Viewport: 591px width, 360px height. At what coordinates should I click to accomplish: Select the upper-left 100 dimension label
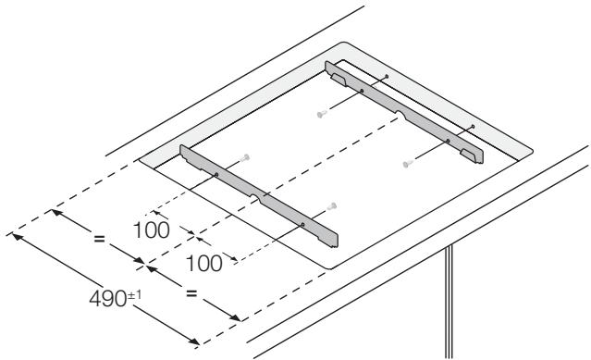[150, 230]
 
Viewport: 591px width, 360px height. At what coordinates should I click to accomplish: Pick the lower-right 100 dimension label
[203, 264]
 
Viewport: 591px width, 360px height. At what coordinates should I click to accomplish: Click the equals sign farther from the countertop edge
[100, 239]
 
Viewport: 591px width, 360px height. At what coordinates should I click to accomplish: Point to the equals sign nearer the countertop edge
[191, 294]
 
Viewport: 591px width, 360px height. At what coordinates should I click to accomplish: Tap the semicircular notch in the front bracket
[263, 195]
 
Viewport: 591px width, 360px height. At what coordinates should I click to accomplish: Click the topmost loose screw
[321, 114]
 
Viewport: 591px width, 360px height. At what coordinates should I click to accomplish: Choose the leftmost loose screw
[244, 157]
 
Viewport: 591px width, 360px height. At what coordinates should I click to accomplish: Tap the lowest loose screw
[332, 205]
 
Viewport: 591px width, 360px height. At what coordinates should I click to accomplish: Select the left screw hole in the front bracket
[215, 174]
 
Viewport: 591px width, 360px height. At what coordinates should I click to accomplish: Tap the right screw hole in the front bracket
[302, 223]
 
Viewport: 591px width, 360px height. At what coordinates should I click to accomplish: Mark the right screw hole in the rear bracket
[448, 141]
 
